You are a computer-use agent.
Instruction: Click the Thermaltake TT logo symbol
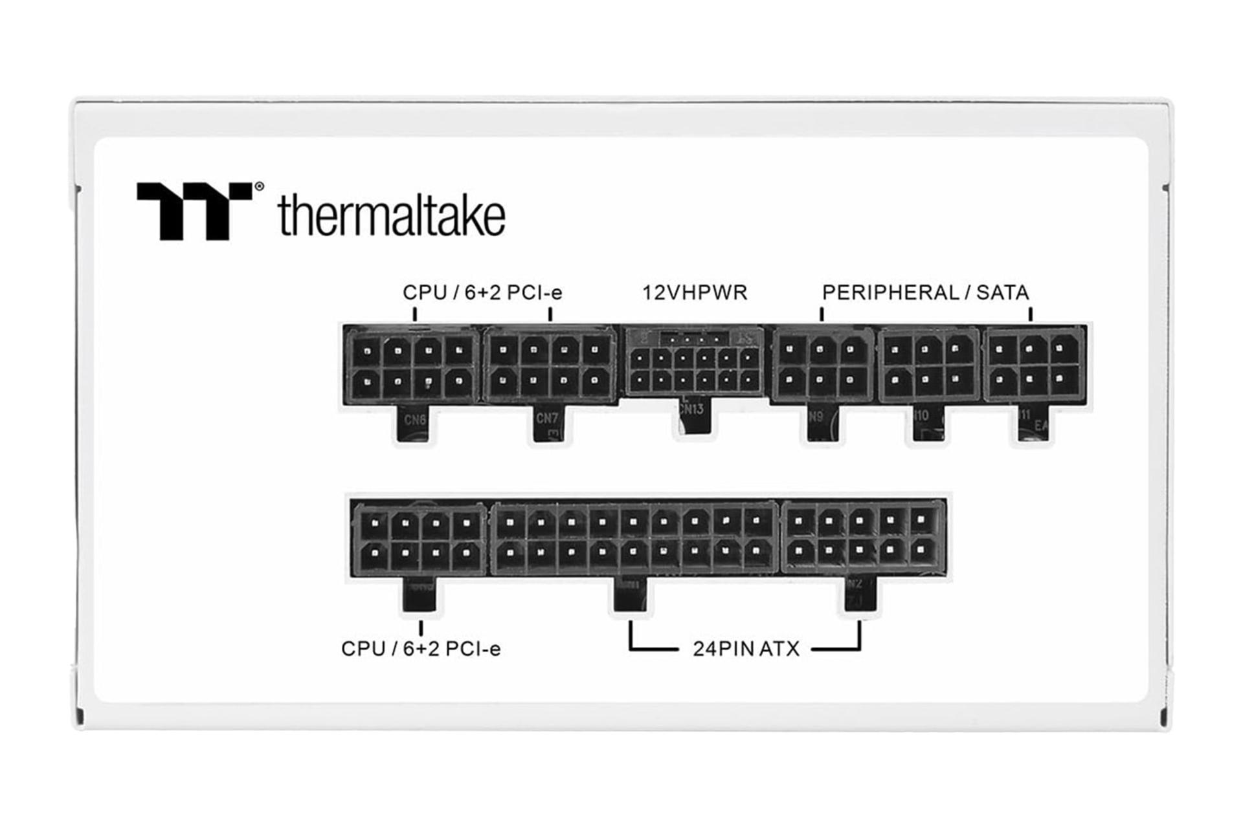[194, 210]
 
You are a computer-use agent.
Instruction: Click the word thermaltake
[391, 215]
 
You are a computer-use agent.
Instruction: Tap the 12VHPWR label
[695, 292]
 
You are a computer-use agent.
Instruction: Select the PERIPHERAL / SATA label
[925, 292]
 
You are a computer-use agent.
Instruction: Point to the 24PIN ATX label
[746, 648]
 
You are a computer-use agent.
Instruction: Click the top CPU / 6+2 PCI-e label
[482, 292]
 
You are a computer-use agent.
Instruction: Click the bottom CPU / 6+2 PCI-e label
[421, 648]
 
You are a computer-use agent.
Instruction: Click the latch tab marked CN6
[414, 424]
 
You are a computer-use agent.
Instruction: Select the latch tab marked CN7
[548, 424]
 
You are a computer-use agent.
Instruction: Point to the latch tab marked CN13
[693, 416]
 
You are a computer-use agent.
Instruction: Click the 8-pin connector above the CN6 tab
[412, 366]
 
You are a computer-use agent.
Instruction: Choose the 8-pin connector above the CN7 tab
[549, 366]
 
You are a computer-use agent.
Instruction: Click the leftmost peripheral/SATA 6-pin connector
[821, 366]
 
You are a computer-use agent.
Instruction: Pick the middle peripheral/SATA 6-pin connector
[927, 366]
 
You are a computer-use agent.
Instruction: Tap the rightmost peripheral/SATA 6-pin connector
[1033, 366]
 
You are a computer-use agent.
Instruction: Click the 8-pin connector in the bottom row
[420, 539]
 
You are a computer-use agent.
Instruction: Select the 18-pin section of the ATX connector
[634, 538]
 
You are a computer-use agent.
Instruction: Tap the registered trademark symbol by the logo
[259, 187]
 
